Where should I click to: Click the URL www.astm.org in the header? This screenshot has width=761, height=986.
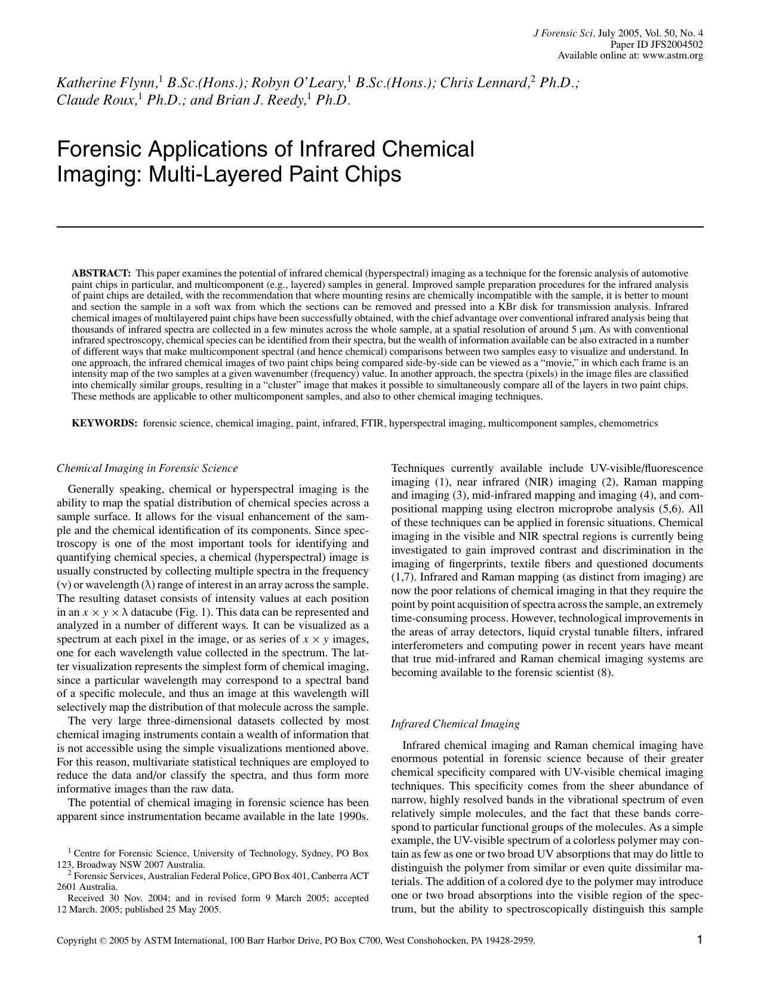[x=672, y=56]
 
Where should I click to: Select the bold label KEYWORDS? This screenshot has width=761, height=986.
[x=104, y=423]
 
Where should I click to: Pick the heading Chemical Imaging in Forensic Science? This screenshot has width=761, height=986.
[x=147, y=468]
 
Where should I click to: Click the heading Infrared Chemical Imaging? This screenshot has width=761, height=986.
[x=455, y=724]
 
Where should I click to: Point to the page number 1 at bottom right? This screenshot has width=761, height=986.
[x=700, y=940]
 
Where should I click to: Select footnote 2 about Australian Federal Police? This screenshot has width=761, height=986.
[x=212, y=881]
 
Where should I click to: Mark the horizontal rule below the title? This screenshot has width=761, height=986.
[x=380, y=227]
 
